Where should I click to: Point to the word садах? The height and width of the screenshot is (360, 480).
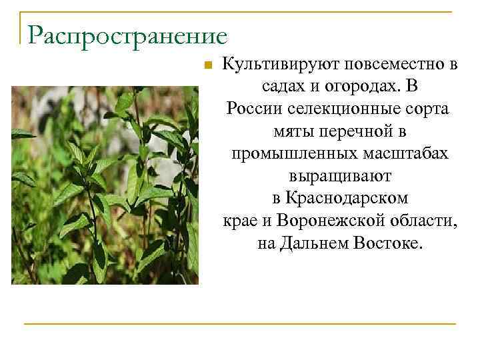281,87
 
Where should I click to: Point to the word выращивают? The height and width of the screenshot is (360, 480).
340,177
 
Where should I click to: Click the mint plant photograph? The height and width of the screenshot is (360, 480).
105,185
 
